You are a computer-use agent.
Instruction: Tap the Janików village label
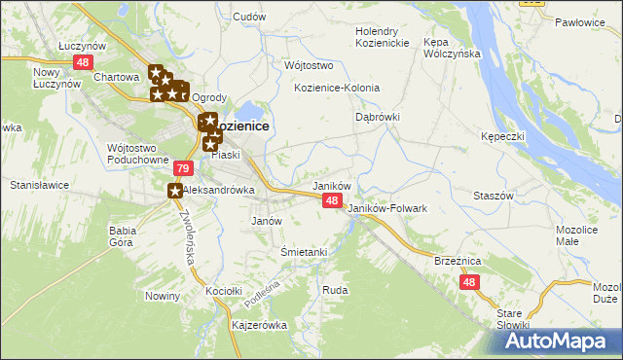pyautogui.click(x=330, y=185)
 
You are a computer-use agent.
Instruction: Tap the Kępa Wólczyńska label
pyautogui.click(x=453, y=48)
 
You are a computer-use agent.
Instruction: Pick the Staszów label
pyautogui.click(x=493, y=196)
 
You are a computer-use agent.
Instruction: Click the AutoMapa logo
pyautogui.click(x=549, y=342)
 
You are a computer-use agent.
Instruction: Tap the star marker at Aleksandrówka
pyautogui.click(x=175, y=191)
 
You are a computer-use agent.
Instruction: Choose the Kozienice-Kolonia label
pyautogui.click(x=337, y=88)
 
